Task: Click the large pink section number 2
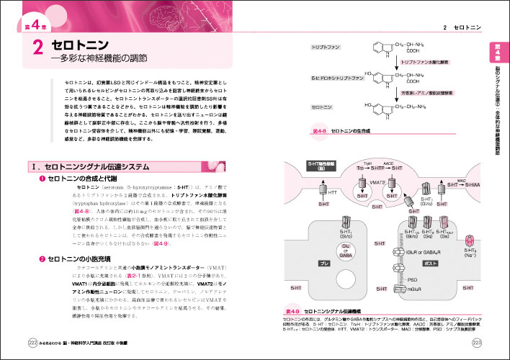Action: (36, 51)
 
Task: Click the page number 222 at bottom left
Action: (32, 341)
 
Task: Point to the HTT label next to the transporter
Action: (333, 192)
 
